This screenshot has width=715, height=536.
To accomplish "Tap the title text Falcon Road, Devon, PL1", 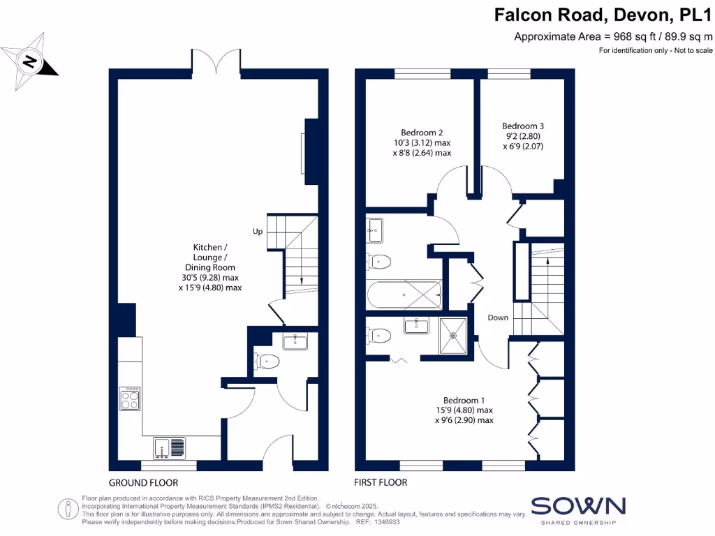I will [603, 15].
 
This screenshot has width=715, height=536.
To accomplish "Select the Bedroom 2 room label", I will [422, 142].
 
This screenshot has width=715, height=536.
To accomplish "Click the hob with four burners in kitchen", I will [130, 399].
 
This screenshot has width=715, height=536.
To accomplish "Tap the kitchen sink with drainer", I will [170, 446].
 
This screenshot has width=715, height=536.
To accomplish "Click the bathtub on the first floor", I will [404, 295].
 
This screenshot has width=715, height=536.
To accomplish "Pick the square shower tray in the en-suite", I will [455, 336].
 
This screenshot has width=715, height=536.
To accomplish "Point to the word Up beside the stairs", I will [258, 232].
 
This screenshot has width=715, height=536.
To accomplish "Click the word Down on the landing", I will [498, 318].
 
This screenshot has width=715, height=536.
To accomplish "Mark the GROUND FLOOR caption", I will [143, 482].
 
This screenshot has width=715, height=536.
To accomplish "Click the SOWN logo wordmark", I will [578, 505].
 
